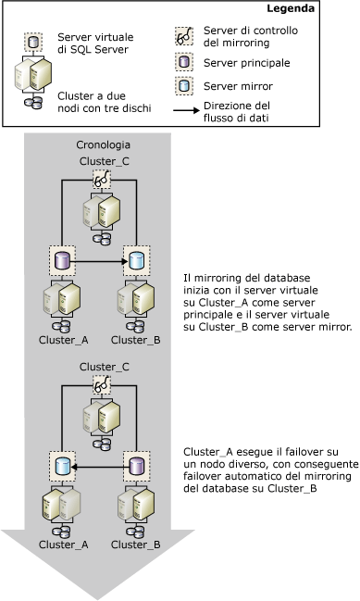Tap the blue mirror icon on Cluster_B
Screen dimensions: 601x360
tap(135, 261)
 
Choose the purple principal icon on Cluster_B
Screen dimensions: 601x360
tap(135, 465)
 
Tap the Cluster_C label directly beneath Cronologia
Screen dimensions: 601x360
tap(100, 162)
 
